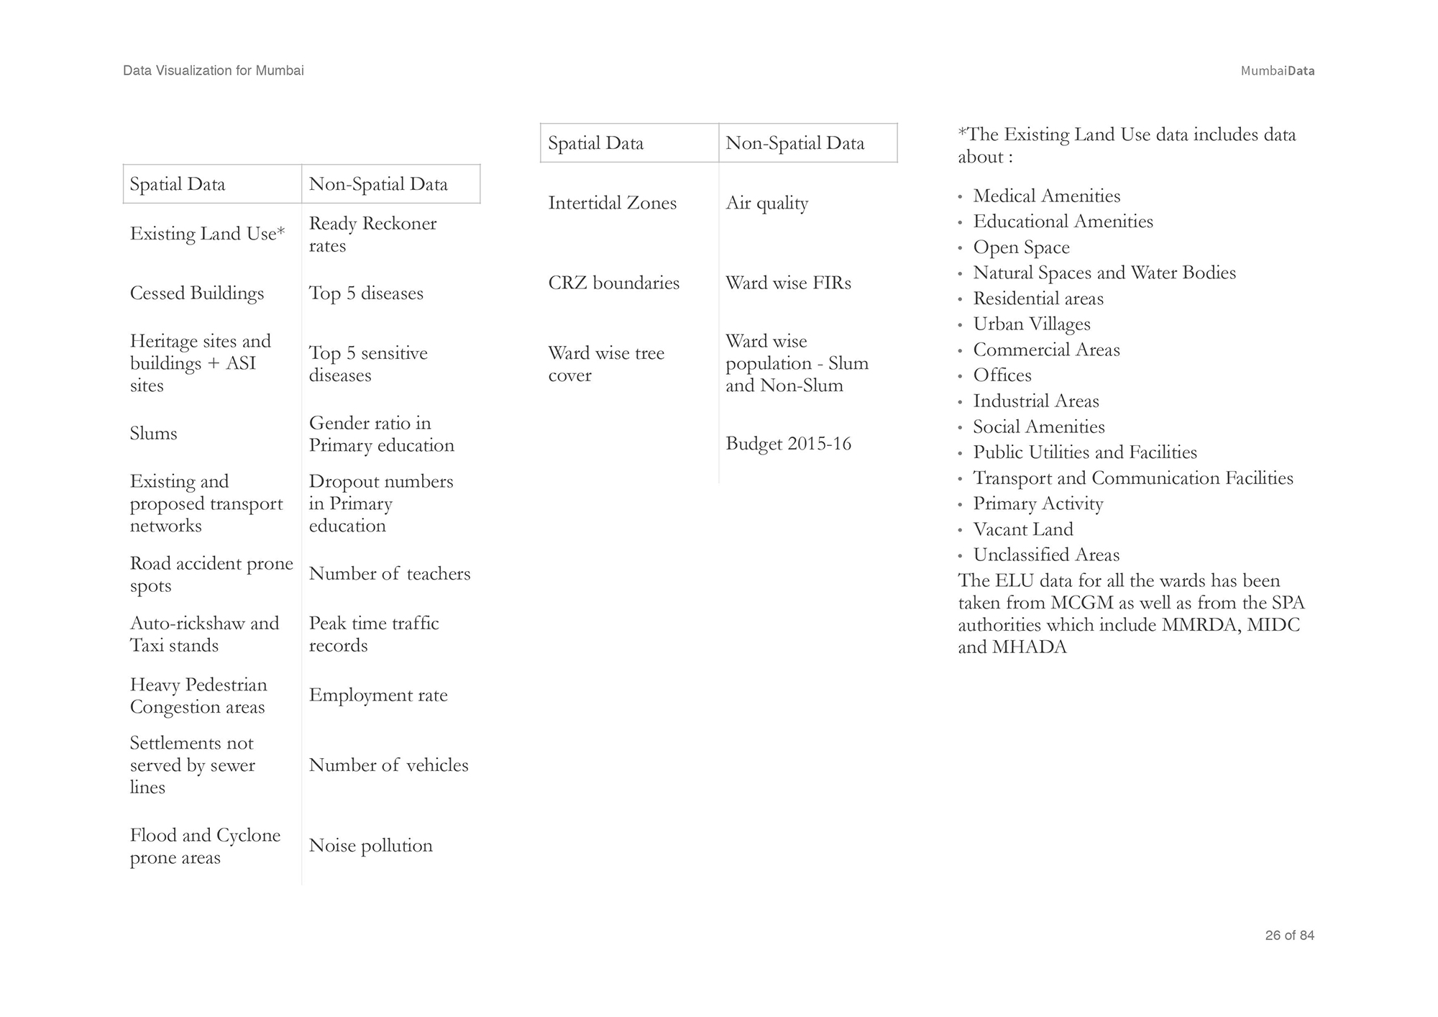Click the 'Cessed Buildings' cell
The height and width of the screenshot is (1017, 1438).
[197, 293]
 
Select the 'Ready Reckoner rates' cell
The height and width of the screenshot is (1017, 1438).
[372, 234]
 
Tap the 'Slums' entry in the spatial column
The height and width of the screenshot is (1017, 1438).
[153, 434]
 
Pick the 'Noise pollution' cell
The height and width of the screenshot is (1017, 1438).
[370, 846]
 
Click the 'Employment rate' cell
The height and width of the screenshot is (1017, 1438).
[378, 696]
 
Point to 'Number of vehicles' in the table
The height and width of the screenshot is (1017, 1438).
[388, 765]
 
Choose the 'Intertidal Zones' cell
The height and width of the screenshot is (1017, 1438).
[612, 204]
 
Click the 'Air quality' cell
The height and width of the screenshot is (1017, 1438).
[766, 204]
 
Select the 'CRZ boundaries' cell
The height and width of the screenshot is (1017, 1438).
[613, 283]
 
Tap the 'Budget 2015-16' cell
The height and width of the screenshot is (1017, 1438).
[788, 444]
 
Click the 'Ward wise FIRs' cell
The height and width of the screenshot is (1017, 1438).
[788, 283]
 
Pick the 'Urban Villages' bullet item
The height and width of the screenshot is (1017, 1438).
[1031, 324]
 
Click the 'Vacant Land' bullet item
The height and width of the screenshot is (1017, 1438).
[1022, 530]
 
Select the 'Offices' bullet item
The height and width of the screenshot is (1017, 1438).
[1002, 375]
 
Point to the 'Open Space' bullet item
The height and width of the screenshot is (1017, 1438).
[1021, 247]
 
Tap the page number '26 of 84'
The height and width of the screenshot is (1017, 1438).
[1289, 936]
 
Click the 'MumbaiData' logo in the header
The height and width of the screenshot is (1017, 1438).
[1277, 71]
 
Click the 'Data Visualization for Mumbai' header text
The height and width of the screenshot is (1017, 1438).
[214, 70]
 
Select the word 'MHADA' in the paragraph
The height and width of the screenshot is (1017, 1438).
[1029, 647]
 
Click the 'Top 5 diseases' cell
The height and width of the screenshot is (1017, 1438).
[366, 293]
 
